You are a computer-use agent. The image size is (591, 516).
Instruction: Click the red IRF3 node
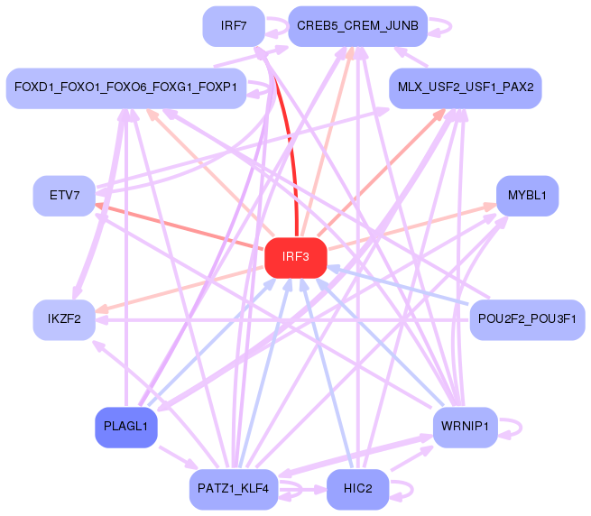pyautogui.click(x=296, y=258)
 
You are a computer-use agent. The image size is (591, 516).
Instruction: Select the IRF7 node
pyautogui.click(x=234, y=26)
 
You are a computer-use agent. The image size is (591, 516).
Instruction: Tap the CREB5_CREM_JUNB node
pyautogui.click(x=357, y=26)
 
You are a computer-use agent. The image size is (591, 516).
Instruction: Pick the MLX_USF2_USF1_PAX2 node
pyautogui.click(x=466, y=88)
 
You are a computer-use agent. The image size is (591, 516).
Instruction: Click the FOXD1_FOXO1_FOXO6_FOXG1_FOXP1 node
pyautogui.click(x=126, y=88)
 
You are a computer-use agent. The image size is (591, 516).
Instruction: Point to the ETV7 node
pyautogui.click(x=64, y=196)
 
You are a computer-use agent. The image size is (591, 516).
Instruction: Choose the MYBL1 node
pyautogui.click(x=527, y=196)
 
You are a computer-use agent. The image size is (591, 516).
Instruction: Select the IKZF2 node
pyautogui.click(x=64, y=320)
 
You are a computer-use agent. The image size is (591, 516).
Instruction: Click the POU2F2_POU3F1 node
pyautogui.click(x=527, y=320)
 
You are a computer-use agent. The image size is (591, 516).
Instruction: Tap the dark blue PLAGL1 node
pyautogui.click(x=126, y=428)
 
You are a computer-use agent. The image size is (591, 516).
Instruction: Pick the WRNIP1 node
pyautogui.click(x=466, y=428)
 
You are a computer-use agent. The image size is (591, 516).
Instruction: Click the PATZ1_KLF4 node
pyautogui.click(x=234, y=489)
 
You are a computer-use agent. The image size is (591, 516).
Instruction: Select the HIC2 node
pyautogui.click(x=357, y=489)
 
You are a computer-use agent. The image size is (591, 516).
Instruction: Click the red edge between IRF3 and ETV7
pyautogui.click(x=179, y=226)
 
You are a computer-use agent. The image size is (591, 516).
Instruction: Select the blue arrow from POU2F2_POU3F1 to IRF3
pyautogui.click(x=398, y=285)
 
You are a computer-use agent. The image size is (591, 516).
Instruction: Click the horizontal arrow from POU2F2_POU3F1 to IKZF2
pyautogui.click(x=282, y=320)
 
